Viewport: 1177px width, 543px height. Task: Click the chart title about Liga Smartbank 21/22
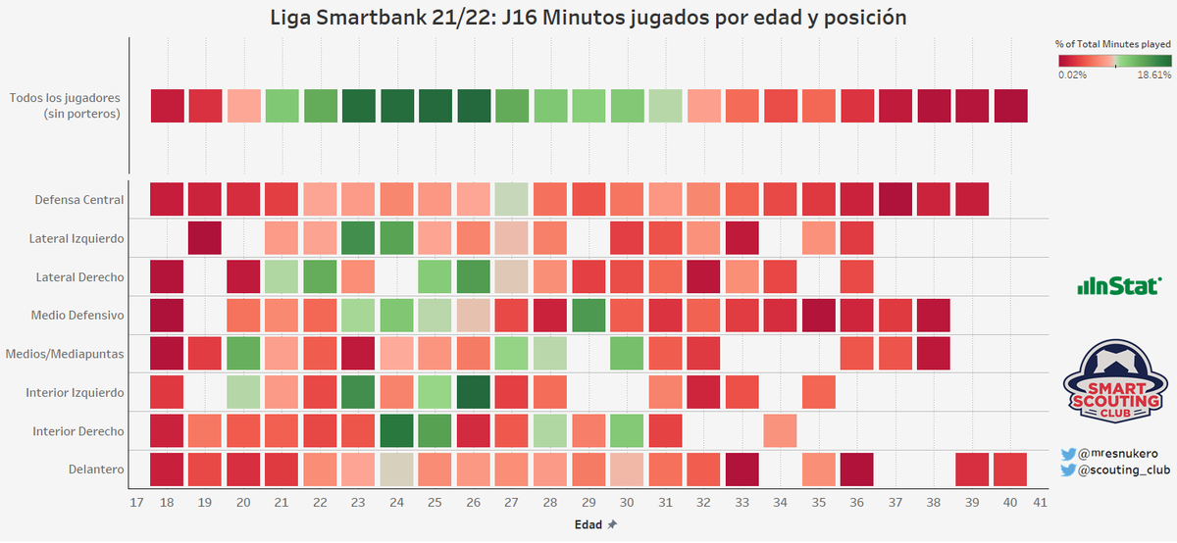(588, 17)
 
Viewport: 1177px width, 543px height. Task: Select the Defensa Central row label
(79, 200)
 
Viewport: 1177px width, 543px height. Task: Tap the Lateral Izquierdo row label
(77, 238)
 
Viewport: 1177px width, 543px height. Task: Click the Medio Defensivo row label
(78, 316)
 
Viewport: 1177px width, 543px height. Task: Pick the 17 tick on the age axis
(136, 502)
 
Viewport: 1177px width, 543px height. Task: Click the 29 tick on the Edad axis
(588, 502)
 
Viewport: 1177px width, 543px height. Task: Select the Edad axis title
(588, 524)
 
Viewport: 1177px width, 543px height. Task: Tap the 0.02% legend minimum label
(1072, 74)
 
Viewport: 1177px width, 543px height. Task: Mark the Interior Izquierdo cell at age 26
(474, 392)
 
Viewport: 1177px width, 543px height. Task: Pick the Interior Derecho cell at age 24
(397, 430)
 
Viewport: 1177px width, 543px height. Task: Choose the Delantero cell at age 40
(1010, 469)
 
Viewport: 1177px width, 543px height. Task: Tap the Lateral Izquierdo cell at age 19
(205, 238)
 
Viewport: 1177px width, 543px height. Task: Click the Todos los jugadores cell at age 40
(1010, 106)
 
